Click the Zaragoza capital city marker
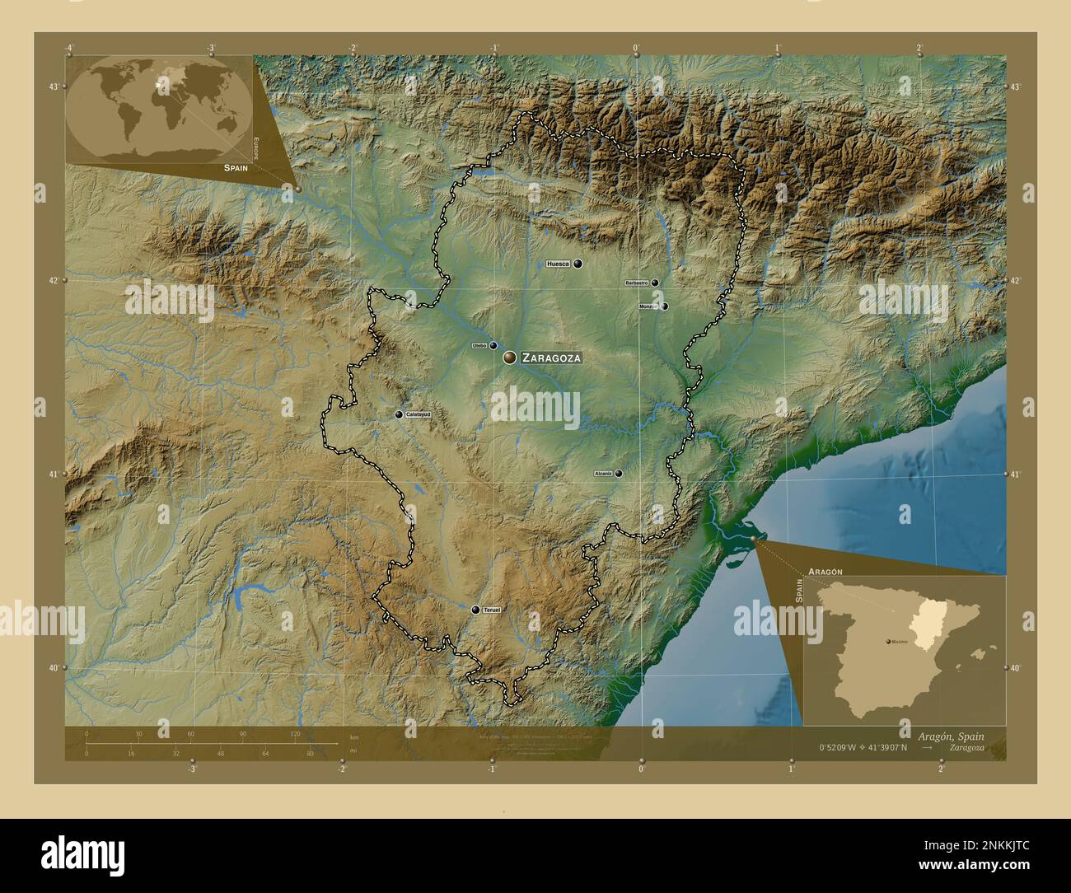tap(509, 357)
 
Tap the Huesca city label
tap(558, 264)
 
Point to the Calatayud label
tap(419, 414)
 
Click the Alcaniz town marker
tap(618, 474)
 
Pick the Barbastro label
tap(637, 283)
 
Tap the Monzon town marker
tap(665, 306)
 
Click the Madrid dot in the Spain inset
tap(888, 640)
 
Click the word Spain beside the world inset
tap(235, 167)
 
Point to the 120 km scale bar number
tap(294, 734)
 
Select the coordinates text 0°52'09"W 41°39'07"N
tap(863, 748)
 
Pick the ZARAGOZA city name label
tap(551, 358)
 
